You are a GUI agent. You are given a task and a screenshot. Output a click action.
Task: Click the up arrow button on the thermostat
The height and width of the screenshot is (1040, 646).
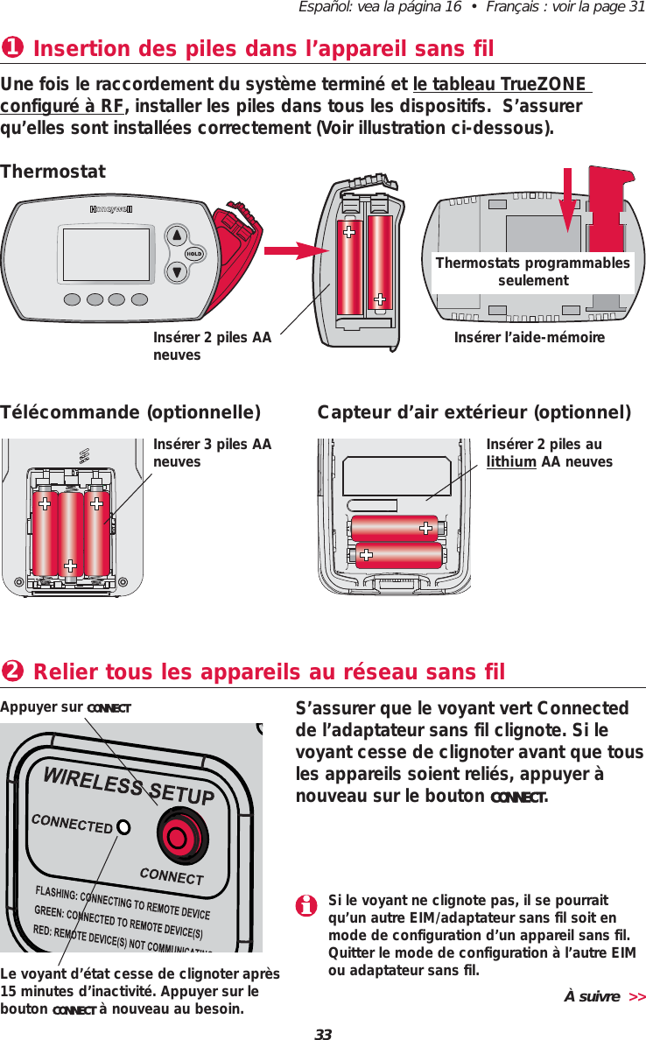(178, 235)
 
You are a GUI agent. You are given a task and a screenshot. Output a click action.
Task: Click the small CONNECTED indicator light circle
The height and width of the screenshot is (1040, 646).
(124, 826)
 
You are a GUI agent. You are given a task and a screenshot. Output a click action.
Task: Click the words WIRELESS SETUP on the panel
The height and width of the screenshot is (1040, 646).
(130, 782)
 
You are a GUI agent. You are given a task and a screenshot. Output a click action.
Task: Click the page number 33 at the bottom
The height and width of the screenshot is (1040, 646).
(323, 1035)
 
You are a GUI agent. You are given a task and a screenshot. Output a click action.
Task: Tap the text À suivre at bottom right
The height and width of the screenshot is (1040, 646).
(592, 996)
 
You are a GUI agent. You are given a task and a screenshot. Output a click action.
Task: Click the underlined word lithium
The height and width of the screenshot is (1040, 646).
(511, 461)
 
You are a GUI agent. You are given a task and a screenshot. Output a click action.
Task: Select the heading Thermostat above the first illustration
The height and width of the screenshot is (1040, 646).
(53, 172)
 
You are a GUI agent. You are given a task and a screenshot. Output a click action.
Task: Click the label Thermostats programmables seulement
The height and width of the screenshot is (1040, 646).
(532, 272)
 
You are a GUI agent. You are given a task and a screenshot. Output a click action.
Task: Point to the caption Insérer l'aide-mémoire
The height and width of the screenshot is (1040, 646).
(530, 337)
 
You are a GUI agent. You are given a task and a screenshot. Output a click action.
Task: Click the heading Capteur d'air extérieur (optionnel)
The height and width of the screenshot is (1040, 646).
(474, 412)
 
